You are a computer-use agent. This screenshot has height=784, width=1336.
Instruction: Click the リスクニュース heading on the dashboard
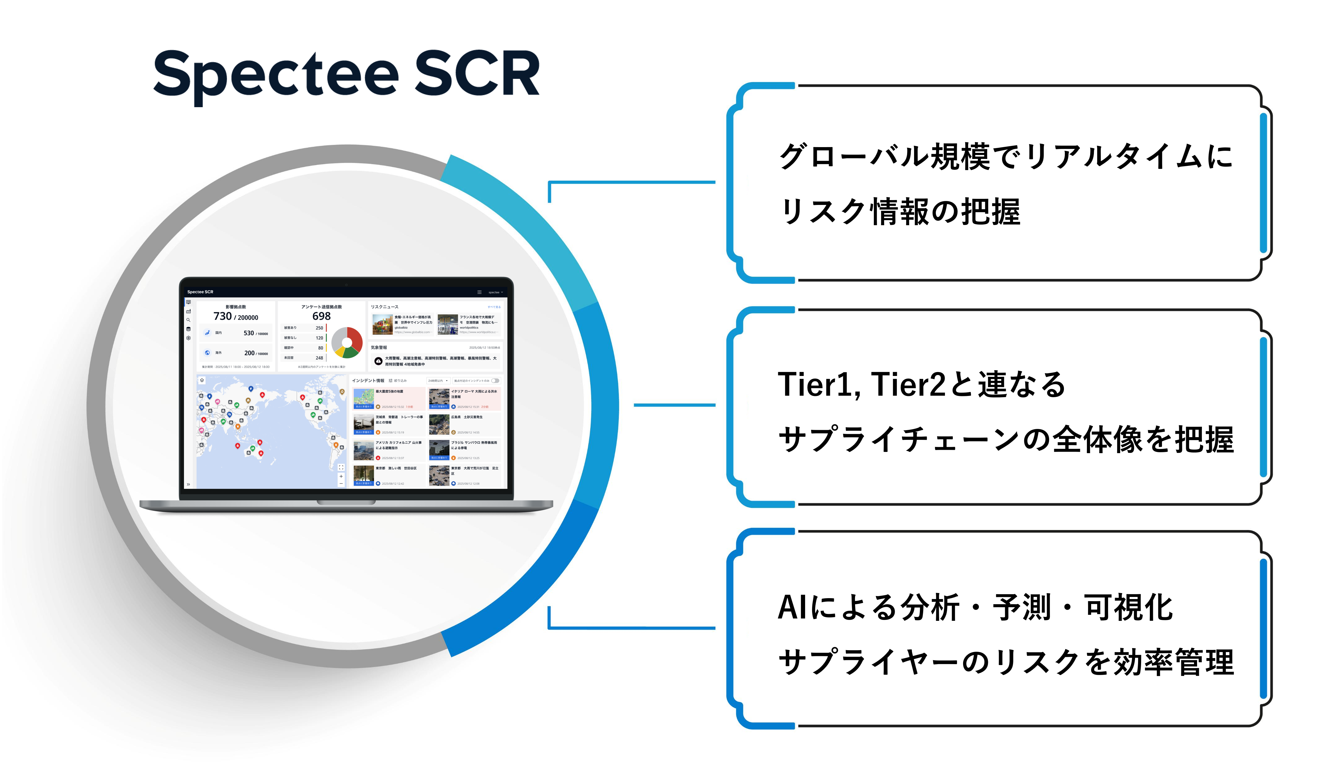tap(384, 307)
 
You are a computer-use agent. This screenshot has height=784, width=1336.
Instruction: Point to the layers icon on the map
tap(202, 380)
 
